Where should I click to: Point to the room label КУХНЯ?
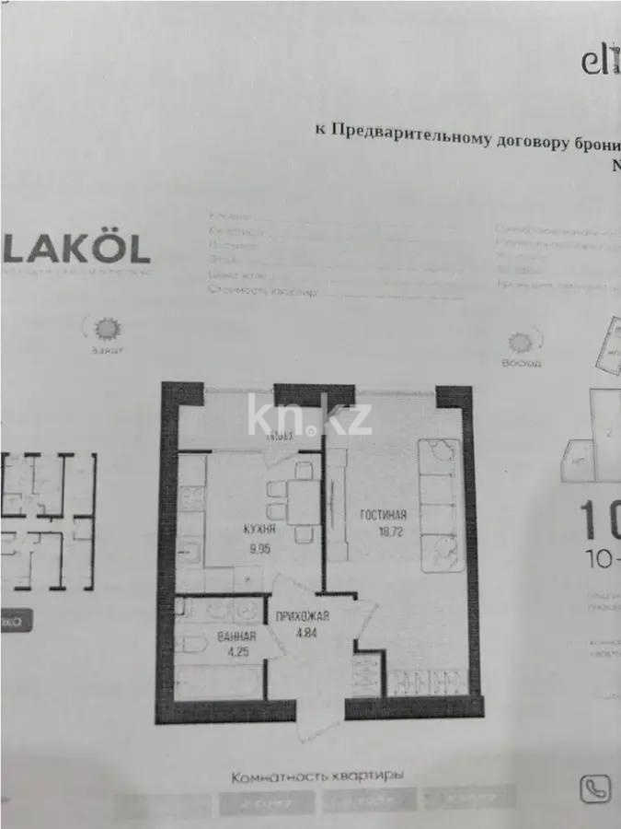[x=235, y=530]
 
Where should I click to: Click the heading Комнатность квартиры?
[x=317, y=776]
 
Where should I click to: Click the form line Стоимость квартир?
[x=263, y=292]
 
